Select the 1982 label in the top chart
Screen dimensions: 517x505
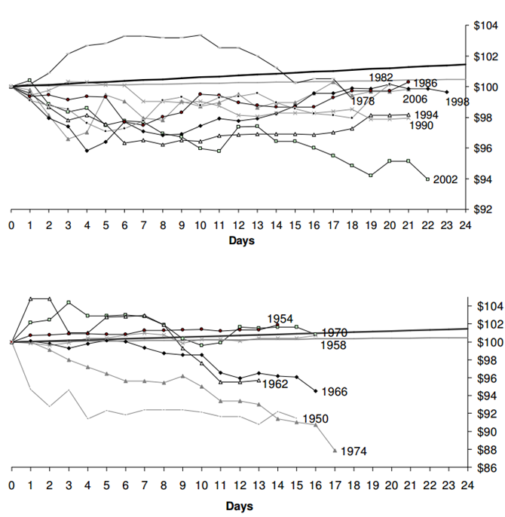tap(381, 78)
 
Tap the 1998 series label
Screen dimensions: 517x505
tap(457, 102)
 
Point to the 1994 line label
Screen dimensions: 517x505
tap(427, 115)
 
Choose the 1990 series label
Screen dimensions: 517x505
tap(421, 126)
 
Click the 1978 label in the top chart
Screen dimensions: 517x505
tap(363, 101)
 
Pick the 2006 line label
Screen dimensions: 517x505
tap(415, 99)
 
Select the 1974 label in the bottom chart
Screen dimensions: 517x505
tap(353, 451)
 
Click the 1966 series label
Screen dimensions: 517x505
tap(333, 392)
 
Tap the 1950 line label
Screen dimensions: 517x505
tap(314, 418)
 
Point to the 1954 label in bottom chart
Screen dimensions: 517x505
tap(280, 319)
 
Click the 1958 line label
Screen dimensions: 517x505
tap(334, 345)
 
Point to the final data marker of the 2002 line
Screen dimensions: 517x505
tap(427, 179)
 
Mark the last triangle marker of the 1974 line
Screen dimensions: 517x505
tap(334, 450)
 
